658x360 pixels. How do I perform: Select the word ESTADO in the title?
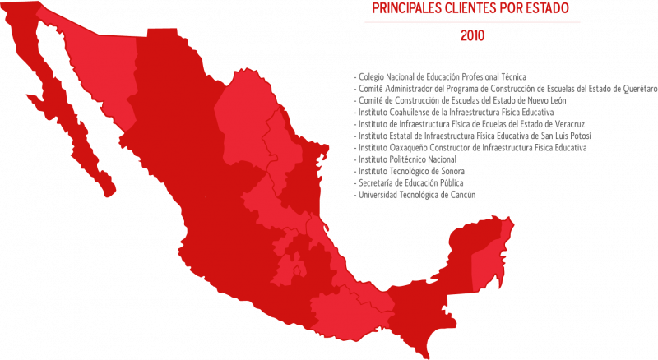[x=544, y=9]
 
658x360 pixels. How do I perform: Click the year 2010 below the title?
[x=472, y=36]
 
